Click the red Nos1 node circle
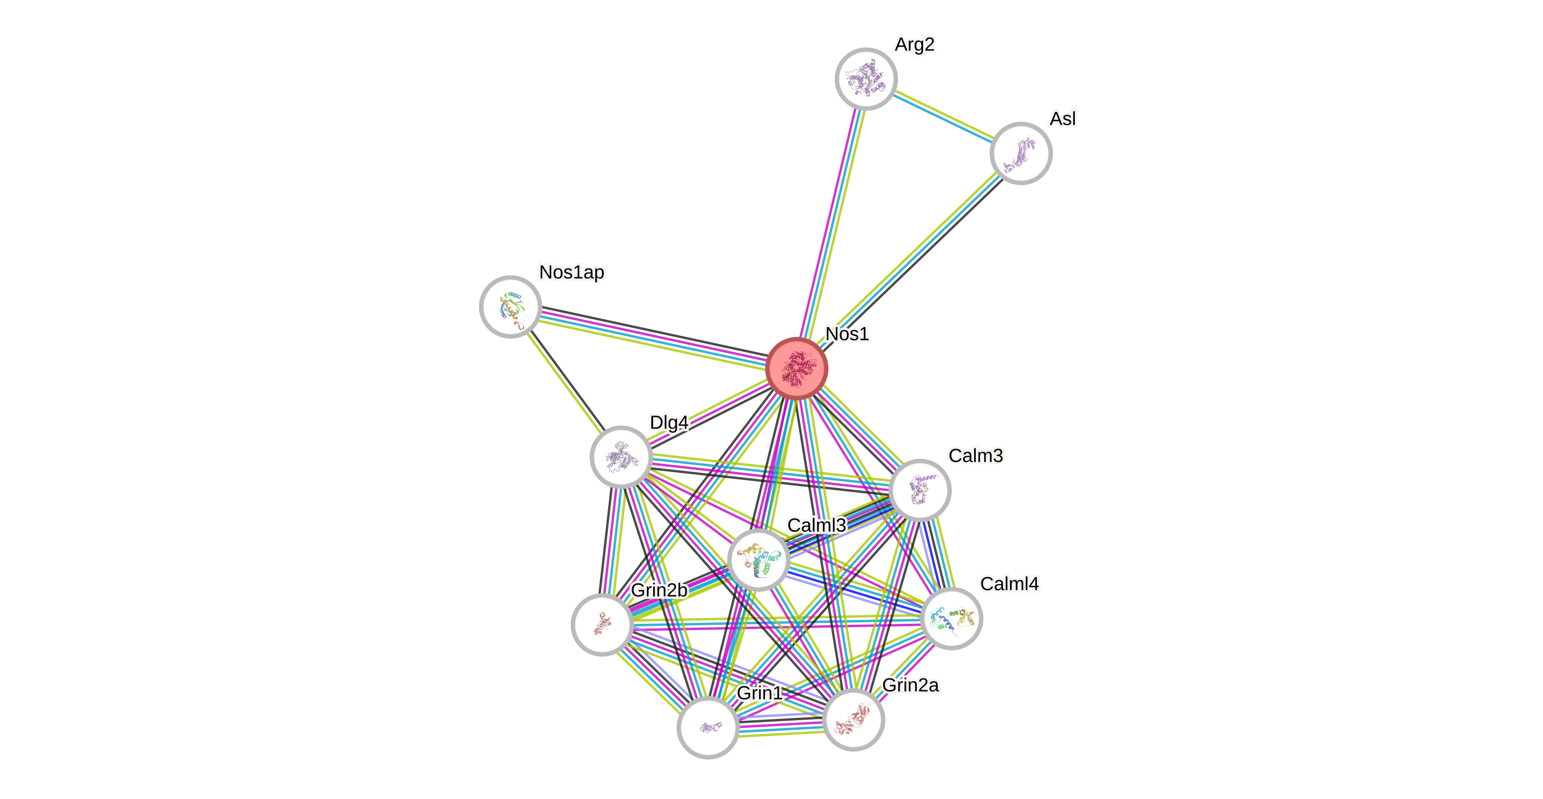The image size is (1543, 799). pyautogui.click(x=797, y=368)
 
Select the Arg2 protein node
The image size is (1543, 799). pyautogui.click(x=866, y=78)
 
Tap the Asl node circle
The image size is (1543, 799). pyautogui.click(x=1021, y=153)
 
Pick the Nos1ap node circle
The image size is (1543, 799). pyautogui.click(x=510, y=307)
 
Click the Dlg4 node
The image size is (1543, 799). pyautogui.click(x=621, y=457)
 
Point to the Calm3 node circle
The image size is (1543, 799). pyautogui.click(x=919, y=490)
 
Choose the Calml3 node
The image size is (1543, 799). pyautogui.click(x=758, y=560)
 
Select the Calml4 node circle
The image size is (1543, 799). pyautogui.click(x=951, y=618)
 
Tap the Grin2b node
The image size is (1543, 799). pyautogui.click(x=602, y=625)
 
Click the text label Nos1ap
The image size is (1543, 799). pyautogui.click(x=572, y=273)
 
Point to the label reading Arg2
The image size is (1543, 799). pyautogui.click(x=914, y=44)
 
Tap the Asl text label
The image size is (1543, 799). pyautogui.click(x=1063, y=119)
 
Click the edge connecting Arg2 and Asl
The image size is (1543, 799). pyautogui.click(x=943, y=116)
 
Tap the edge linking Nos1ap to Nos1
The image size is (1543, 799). pyautogui.click(x=653, y=337)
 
